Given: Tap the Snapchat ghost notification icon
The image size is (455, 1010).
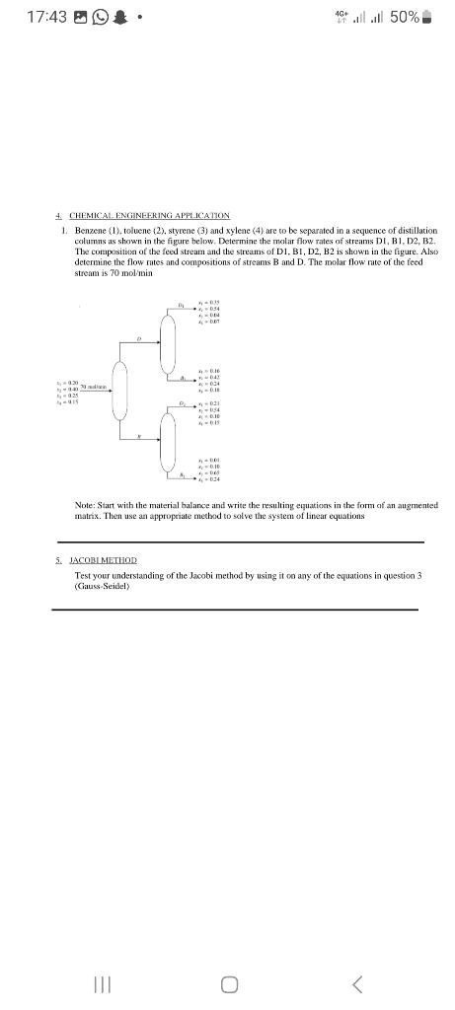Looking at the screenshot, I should tap(119, 18).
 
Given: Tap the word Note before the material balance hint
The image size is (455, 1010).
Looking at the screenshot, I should tap(85, 505).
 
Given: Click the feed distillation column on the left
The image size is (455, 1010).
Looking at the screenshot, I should tap(119, 391).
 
